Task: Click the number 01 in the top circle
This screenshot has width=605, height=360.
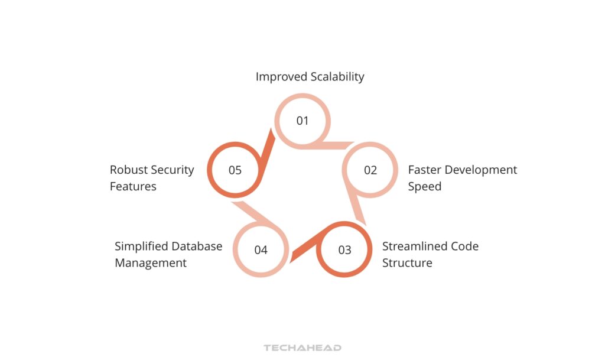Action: coord(302,121)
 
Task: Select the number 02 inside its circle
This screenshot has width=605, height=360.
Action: coord(370,170)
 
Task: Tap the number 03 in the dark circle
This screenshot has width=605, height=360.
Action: coord(345,249)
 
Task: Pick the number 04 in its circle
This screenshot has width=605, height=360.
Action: coord(261,249)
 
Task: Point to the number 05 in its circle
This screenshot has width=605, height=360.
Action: coord(235,170)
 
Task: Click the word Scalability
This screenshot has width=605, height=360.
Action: coord(338,77)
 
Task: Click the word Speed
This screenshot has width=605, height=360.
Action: coord(425,187)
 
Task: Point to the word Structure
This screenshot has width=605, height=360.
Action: coord(407,262)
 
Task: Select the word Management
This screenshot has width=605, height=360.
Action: coord(151,262)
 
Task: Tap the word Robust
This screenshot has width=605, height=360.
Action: coord(128,170)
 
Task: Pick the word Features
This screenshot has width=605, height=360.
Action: coord(133,187)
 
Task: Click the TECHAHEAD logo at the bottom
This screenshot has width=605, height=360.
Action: coord(302,348)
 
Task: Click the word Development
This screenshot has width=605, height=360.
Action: coord(481,170)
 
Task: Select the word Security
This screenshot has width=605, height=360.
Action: coord(172,170)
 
